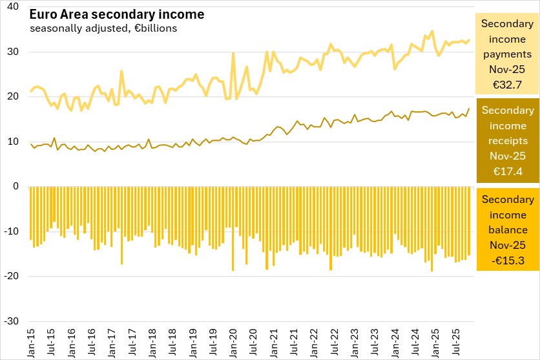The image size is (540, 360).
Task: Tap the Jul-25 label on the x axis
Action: coord(455,343)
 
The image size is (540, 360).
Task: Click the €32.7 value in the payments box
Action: coord(508,84)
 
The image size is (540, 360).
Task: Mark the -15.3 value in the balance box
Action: coord(508,260)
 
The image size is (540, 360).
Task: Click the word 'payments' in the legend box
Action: coord(508,54)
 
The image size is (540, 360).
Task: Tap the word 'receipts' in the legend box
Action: coord(508,140)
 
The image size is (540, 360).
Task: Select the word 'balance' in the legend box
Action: coord(508,229)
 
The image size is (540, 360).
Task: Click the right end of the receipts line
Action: coord(469,109)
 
